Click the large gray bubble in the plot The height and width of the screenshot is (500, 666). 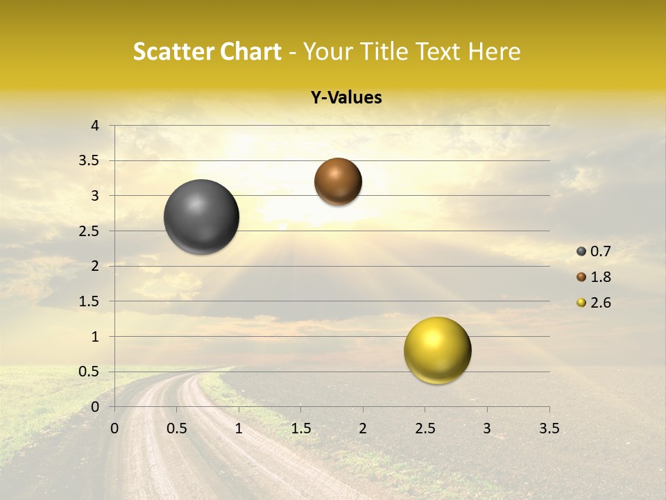[x=202, y=217]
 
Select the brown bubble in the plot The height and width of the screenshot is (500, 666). [x=338, y=181]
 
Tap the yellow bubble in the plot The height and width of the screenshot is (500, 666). [x=437, y=350]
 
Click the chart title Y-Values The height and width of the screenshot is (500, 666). [x=346, y=98]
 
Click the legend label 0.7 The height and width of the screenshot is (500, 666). [x=600, y=252]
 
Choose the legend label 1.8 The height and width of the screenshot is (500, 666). [x=600, y=277]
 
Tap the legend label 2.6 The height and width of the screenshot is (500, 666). [x=600, y=303]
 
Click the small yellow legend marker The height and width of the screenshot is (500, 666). [x=581, y=303]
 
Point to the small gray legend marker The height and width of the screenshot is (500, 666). [x=581, y=251]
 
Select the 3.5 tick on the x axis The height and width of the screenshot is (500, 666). [x=549, y=428]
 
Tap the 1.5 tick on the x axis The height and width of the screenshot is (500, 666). [x=300, y=428]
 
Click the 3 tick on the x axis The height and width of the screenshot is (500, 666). [x=486, y=428]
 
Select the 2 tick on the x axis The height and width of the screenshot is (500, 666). [x=363, y=428]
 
